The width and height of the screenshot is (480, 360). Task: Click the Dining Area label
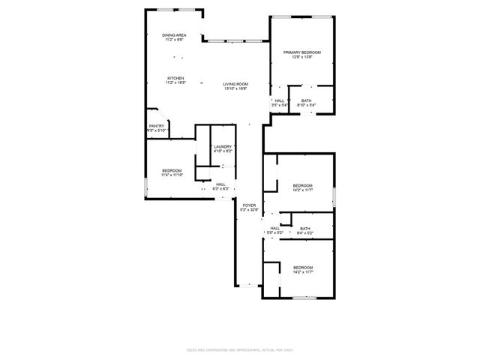click(x=174, y=35)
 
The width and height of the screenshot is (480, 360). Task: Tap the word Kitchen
click(x=175, y=78)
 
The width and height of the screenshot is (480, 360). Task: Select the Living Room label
click(x=235, y=84)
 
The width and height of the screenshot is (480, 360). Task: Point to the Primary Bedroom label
click(x=302, y=52)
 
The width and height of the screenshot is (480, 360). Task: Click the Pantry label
click(x=156, y=126)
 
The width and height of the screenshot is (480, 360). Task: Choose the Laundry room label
click(x=222, y=146)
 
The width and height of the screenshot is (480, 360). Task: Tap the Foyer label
click(x=249, y=205)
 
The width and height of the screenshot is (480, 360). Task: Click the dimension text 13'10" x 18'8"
click(x=235, y=89)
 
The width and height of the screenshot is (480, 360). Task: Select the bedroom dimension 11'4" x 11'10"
click(x=172, y=175)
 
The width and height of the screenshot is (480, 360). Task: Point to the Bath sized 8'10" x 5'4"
click(x=306, y=105)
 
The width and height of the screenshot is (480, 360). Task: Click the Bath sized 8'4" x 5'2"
click(x=304, y=233)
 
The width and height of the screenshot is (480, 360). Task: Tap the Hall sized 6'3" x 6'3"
click(x=220, y=189)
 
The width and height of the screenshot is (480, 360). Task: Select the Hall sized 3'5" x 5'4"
click(x=279, y=105)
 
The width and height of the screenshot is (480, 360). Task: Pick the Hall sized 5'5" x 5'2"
click(x=274, y=233)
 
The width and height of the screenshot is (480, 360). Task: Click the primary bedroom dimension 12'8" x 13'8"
click(x=302, y=57)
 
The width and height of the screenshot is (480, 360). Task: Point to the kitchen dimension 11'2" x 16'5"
click(x=175, y=83)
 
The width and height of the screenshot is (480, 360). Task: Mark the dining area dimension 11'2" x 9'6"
click(x=174, y=40)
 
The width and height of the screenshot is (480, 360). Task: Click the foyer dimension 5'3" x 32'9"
click(x=249, y=210)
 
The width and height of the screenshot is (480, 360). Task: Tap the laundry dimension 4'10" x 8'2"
click(x=222, y=151)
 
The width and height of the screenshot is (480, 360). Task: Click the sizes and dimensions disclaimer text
click(x=239, y=349)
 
